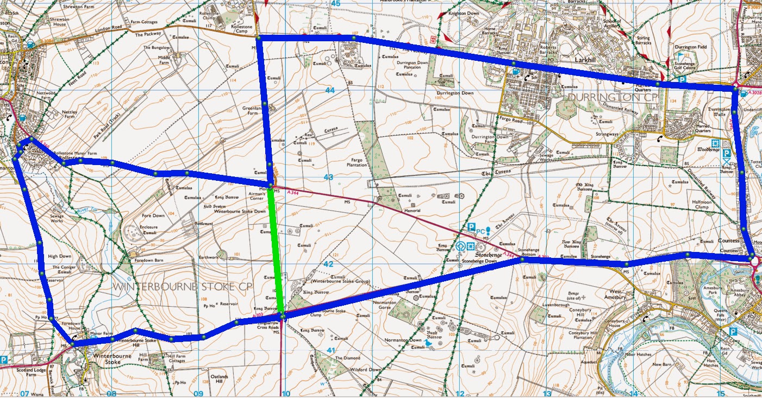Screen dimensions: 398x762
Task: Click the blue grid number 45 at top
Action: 335,4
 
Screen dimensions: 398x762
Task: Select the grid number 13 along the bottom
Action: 547,394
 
